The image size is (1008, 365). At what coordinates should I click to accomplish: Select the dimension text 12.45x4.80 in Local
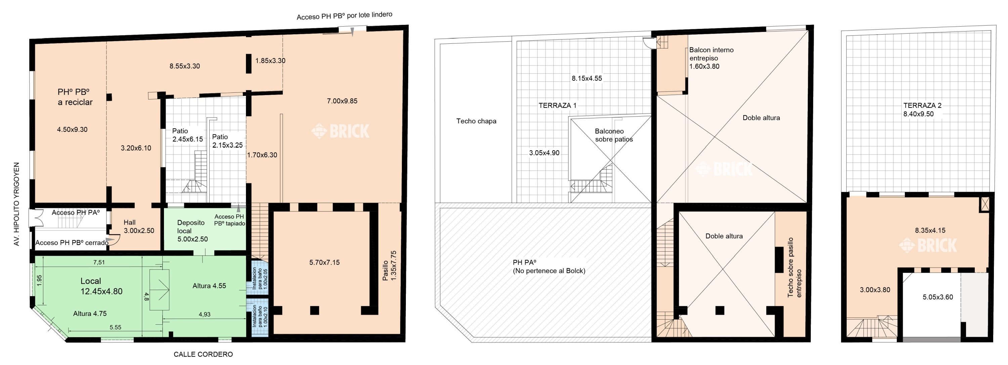click(x=101, y=291)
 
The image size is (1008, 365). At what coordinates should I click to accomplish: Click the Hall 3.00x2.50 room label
click(x=138, y=227)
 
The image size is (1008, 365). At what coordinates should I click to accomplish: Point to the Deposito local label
click(x=191, y=227)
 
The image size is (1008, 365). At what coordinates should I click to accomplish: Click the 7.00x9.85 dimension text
click(x=342, y=101)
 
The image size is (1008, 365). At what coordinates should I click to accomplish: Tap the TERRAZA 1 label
click(x=557, y=106)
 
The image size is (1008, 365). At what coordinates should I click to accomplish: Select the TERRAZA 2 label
click(x=922, y=105)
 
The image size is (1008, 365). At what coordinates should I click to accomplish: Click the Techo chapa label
click(x=476, y=121)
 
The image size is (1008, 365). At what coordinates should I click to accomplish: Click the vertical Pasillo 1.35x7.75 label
click(x=389, y=266)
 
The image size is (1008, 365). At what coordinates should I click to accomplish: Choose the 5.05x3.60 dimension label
click(x=937, y=297)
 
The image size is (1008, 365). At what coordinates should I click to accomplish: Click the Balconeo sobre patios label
click(x=614, y=135)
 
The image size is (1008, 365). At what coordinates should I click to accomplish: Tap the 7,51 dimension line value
click(x=99, y=262)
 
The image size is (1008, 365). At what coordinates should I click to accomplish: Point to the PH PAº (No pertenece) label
click(x=549, y=267)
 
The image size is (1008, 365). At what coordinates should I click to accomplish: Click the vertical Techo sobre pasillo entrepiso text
click(x=794, y=267)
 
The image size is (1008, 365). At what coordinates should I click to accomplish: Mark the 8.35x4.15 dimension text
click(x=930, y=231)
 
